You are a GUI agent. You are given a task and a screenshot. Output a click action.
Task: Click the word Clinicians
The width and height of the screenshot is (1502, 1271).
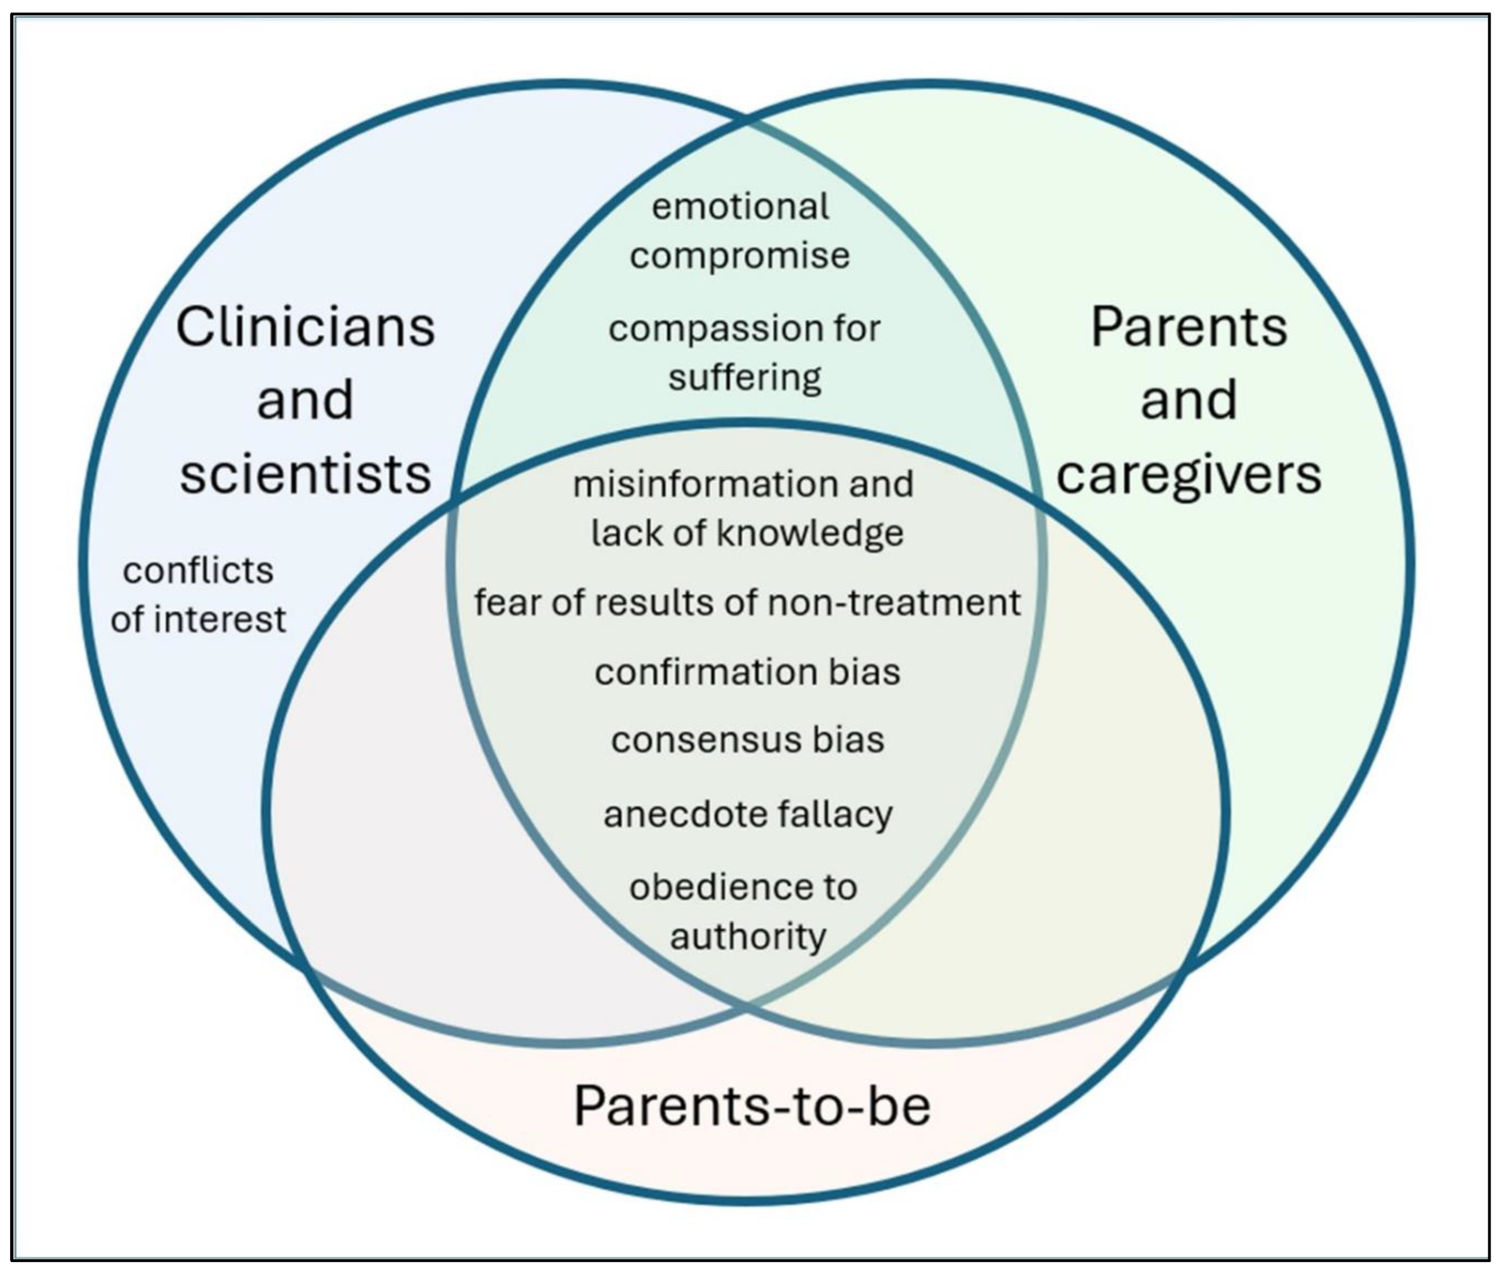point(305,328)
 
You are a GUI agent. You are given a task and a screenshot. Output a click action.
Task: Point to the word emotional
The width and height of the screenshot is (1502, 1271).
point(741,207)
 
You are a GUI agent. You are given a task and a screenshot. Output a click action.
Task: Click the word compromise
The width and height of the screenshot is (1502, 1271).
point(740,256)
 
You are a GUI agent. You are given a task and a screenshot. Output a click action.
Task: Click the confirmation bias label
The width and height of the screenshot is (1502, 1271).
point(747,671)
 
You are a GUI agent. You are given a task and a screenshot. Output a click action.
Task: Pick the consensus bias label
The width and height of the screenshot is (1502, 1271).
point(747,740)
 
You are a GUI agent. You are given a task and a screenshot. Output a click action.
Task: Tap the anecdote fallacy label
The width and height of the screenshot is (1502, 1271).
point(748,814)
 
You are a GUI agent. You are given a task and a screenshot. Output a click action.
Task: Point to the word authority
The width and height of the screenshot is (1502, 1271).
point(748,937)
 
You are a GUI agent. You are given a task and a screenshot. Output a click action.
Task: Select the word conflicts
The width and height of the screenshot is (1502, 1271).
point(198,570)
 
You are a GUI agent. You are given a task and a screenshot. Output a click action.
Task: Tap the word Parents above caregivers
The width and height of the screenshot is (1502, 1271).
point(1189,328)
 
